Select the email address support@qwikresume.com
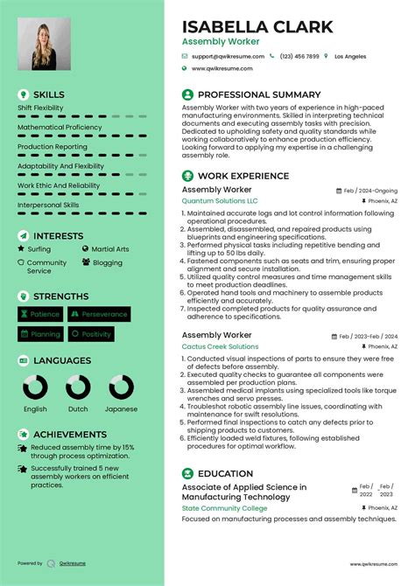(228, 56)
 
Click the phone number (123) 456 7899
(299, 56)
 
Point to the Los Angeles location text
(350, 56)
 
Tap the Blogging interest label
(108, 262)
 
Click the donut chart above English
(36, 387)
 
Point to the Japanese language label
(120, 408)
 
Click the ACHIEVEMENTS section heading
(69, 434)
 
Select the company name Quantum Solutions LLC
(220, 200)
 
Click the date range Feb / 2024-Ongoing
(370, 190)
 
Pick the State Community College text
(224, 507)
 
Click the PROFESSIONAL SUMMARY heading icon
(187, 94)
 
